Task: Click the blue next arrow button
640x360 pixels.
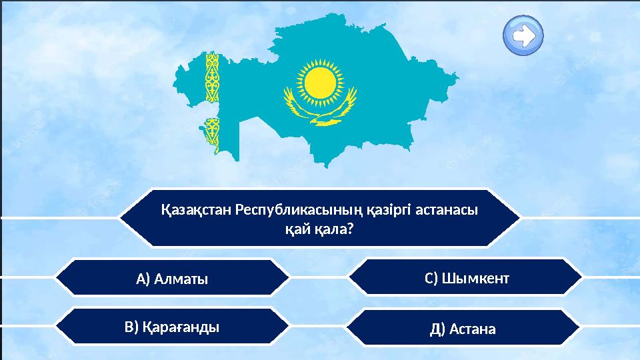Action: [x=524, y=35]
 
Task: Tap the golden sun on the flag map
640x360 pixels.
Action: [x=319, y=80]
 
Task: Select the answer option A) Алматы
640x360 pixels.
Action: [x=172, y=279]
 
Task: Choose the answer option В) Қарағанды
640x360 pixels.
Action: [x=172, y=327]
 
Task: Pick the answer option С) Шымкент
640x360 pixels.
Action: [x=467, y=278]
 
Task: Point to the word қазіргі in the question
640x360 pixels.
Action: [x=388, y=210]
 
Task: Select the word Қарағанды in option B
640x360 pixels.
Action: [x=181, y=327]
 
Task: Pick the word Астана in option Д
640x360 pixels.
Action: [x=473, y=329]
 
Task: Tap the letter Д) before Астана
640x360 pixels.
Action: [x=438, y=329]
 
